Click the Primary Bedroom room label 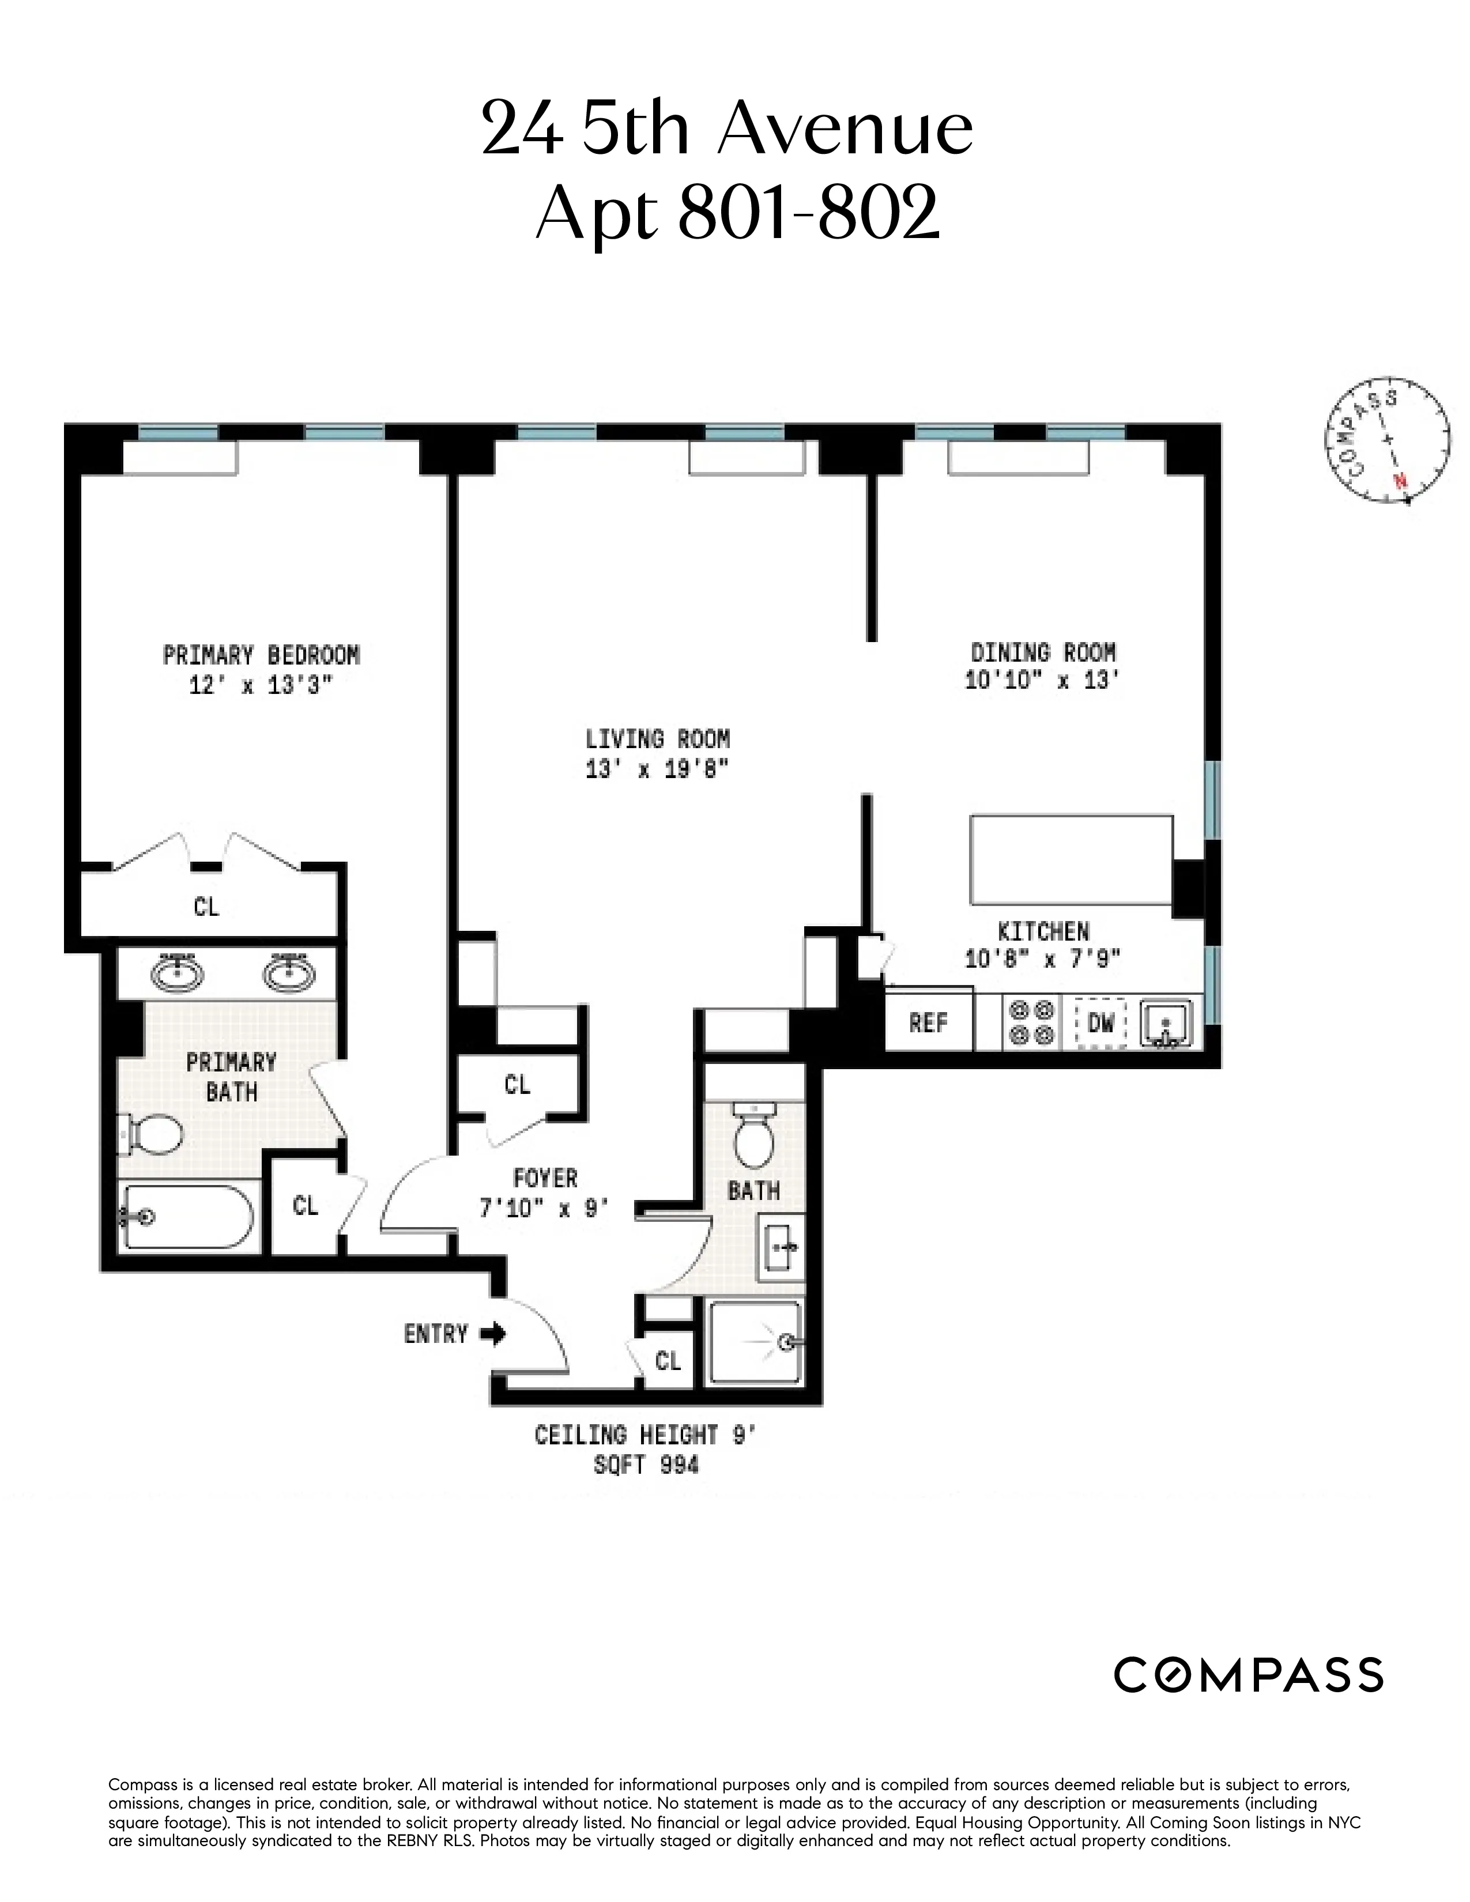[x=261, y=655]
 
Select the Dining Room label [x=1042, y=652]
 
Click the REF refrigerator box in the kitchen [x=928, y=1022]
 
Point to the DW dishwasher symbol [x=1100, y=1022]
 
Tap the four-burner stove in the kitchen [x=1031, y=1023]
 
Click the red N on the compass [x=1400, y=481]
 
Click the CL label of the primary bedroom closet [x=206, y=907]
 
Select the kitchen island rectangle [x=1071, y=859]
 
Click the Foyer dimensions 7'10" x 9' [x=544, y=1209]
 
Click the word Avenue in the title [x=845, y=129]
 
